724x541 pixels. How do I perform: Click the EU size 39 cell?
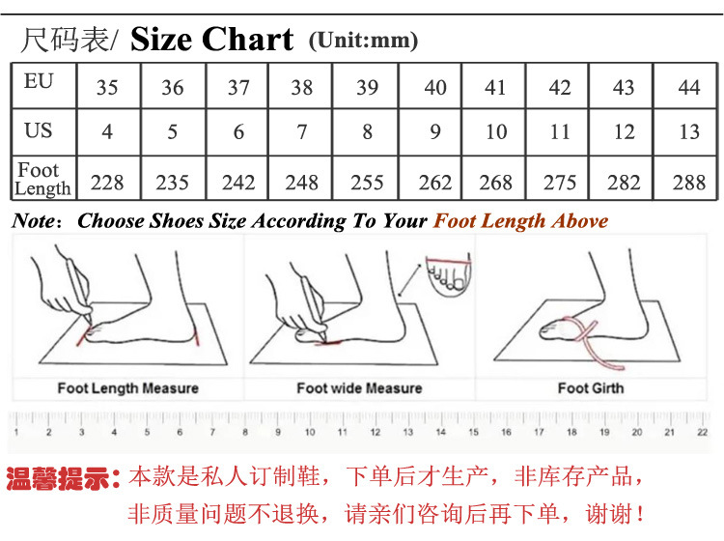[367, 88]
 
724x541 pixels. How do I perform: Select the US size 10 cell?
[496, 131]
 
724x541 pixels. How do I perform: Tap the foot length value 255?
[367, 182]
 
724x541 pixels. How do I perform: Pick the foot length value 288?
[688, 182]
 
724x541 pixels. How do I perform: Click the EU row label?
[39, 82]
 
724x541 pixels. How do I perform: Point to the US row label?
[39, 130]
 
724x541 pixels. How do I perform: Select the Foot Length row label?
[42, 180]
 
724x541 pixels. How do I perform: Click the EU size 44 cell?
[688, 88]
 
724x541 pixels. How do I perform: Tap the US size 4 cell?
[107, 131]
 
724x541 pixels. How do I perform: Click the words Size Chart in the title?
[211, 40]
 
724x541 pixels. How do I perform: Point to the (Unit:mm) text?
[363, 41]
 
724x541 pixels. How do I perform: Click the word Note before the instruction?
[35, 221]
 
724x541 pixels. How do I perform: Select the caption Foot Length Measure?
[127, 388]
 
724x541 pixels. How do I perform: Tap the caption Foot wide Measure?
[359, 388]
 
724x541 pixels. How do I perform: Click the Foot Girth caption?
[591, 388]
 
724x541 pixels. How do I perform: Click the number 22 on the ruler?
[702, 433]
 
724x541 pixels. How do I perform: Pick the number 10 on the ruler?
[311, 433]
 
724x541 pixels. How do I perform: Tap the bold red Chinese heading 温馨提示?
[64, 478]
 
